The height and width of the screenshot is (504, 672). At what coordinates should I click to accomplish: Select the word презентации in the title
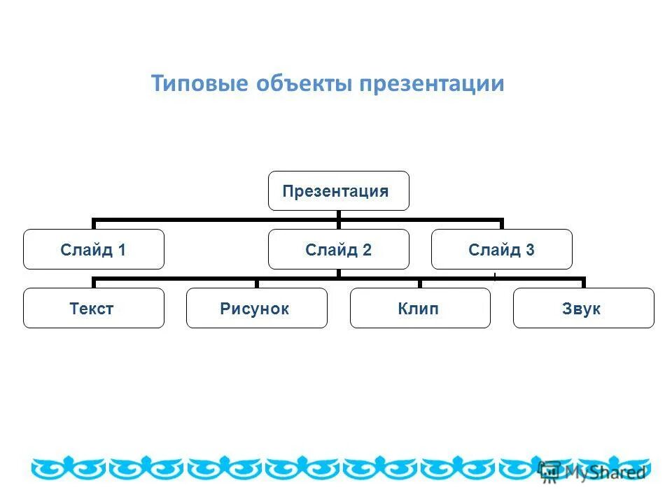click(432, 84)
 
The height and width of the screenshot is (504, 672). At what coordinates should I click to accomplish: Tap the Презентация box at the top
click(338, 190)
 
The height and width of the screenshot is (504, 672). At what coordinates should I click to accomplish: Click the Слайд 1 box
click(93, 249)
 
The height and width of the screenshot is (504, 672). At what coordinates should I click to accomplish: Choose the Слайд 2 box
click(338, 249)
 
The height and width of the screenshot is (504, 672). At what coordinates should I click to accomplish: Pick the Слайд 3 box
click(501, 249)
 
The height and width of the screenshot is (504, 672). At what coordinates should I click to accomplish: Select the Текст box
click(93, 308)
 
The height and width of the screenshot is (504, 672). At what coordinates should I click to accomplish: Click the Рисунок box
click(256, 308)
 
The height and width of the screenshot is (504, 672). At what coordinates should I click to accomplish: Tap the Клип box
click(419, 308)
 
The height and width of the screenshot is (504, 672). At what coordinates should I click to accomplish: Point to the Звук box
click(583, 308)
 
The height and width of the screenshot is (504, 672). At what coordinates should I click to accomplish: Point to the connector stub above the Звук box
click(583, 283)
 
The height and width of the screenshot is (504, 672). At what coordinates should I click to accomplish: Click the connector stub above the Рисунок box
click(257, 283)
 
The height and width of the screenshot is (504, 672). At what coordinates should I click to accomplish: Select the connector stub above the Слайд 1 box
click(94, 224)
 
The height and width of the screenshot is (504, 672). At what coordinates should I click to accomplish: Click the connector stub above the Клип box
click(420, 283)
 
